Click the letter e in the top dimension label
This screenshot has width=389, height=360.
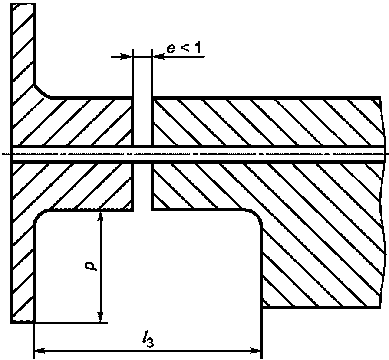coord(172,48)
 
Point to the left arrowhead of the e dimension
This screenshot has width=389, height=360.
coord(127,56)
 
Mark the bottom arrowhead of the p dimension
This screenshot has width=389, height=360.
coord(101,317)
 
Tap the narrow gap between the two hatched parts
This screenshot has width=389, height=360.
coord(142,182)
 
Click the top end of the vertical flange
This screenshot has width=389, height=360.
coord(23,5)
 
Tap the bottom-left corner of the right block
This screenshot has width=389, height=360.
coord(261,307)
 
